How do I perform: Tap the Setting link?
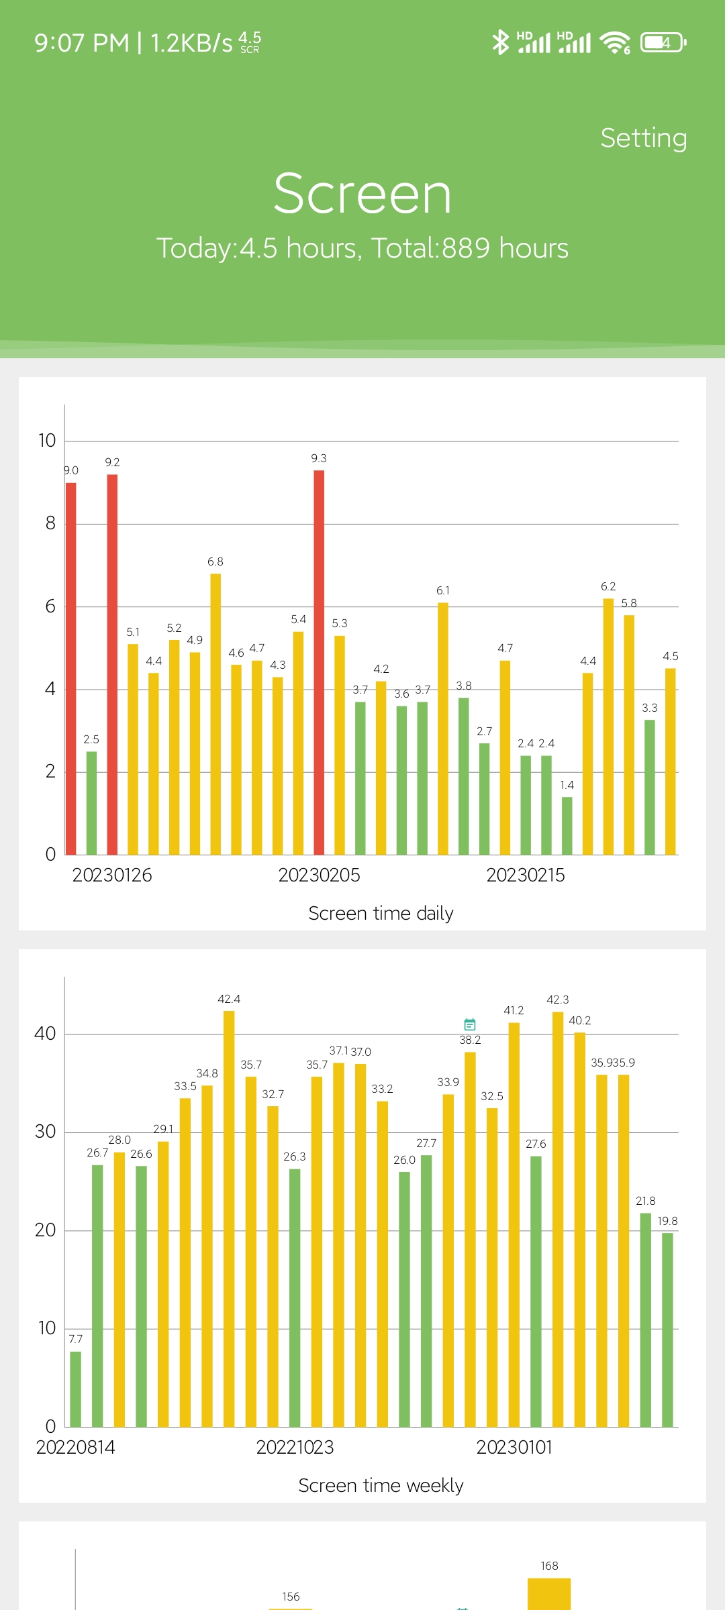tap(643, 138)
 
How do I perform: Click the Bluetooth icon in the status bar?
tap(500, 42)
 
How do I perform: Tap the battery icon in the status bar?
tap(663, 42)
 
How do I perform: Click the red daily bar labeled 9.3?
tap(319, 662)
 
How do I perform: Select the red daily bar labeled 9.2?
tap(112, 664)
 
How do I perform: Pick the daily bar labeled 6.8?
tap(215, 714)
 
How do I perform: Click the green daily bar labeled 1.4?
tap(567, 826)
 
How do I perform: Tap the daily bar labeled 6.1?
tap(443, 729)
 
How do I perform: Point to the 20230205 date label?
tap(319, 875)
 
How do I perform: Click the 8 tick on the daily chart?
tap(50, 523)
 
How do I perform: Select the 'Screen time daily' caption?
tap(381, 913)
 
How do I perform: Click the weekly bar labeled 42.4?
tap(229, 1218)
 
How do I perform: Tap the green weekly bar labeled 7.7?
tap(76, 1389)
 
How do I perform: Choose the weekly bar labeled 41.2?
tap(514, 1224)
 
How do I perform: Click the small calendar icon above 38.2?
tap(470, 1024)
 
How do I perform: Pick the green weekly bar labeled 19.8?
tap(667, 1329)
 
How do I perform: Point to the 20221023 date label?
tap(295, 1447)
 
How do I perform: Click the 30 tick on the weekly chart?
tap(45, 1132)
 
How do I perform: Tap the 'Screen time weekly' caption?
tap(381, 1485)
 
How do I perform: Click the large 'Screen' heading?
tap(362, 194)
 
